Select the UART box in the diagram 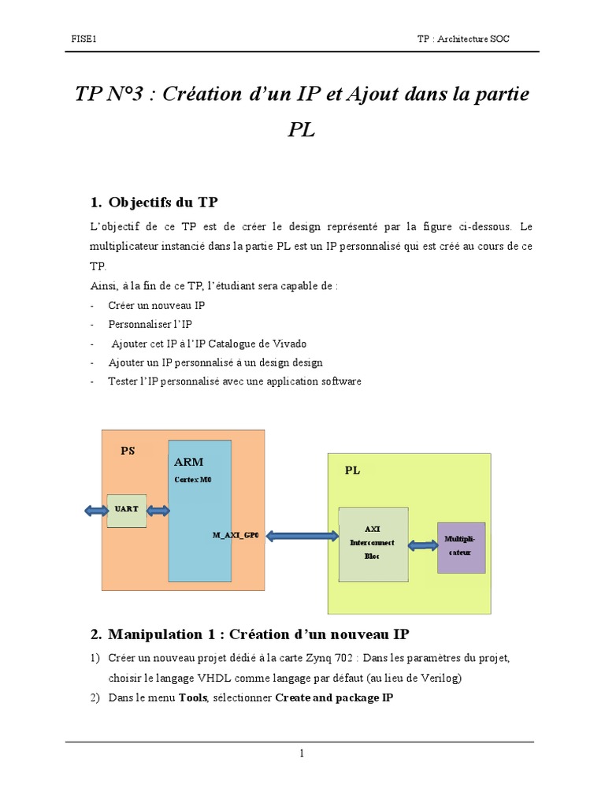(x=126, y=510)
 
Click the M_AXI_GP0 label (x=236, y=535)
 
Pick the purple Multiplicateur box (x=461, y=547)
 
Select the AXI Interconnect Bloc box (x=373, y=543)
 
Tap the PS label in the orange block (x=128, y=452)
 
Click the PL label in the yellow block (x=352, y=470)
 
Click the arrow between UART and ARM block (x=158, y=511)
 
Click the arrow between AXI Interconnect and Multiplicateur (x=422, y=545)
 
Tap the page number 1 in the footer (x=302, y=753)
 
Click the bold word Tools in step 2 (x=193, y=697)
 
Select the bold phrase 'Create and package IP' (x=333, y=697)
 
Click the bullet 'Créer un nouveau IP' (x=157, y=305)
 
